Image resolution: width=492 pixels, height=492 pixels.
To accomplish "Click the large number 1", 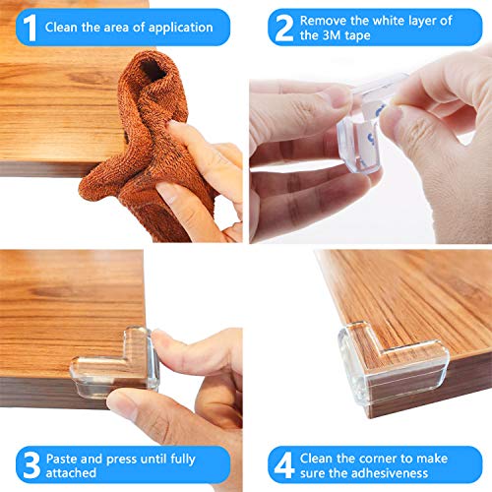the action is pyautogui.click(x=30, y=28).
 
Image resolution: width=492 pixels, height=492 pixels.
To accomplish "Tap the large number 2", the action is pyautogui.click(x=284, y=29).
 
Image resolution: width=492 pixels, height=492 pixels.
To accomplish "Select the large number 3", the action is pyautogui.click(x=31, y=465).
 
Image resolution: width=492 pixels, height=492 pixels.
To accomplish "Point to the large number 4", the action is pyautogui.click(x=284, y=465).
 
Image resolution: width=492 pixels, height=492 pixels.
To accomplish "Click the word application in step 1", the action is pyautogui.click(x=181, y=28).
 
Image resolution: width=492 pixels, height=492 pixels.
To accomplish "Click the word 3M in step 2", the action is pyautogui.click(x=333, y=35).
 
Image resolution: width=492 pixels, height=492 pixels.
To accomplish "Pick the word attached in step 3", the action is pyautogui.click(x=71, y=473).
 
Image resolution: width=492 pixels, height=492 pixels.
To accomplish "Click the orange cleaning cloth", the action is pyautogui.click(x=146, y=148).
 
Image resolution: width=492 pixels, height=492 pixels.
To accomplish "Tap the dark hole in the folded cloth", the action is pyautogui.click(x=153, y=71).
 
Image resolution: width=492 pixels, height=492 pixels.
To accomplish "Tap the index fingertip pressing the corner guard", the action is pyautogui.click(x=160, y=338).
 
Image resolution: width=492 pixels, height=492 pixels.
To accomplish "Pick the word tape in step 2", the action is pyautogui.click(x=357, y=35).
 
